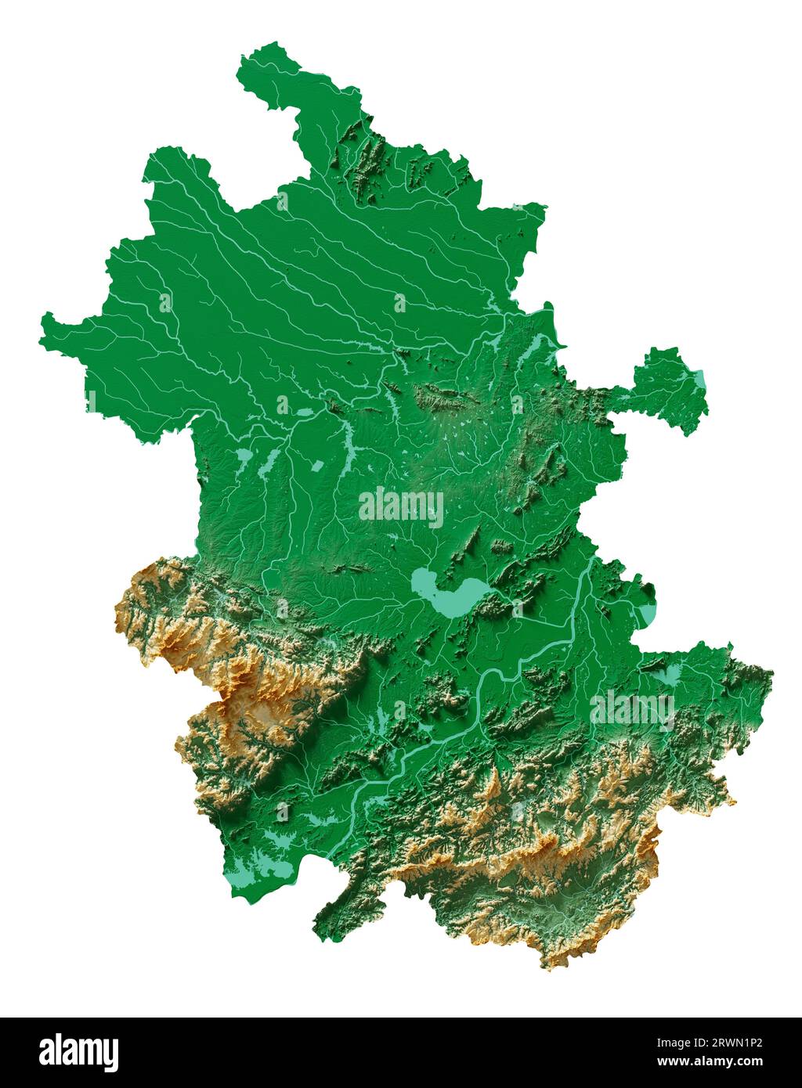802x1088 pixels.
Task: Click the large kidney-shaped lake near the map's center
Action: tap(444, 594)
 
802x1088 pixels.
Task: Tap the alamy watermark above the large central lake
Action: tap(401, 507)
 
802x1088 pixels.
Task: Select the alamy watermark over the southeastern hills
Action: tap(633, 709)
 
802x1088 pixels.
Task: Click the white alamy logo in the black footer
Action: tap(78, 1052)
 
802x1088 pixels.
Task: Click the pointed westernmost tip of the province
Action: tap(44, 320)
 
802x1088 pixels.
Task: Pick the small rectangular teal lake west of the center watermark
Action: tap(317, 467)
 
